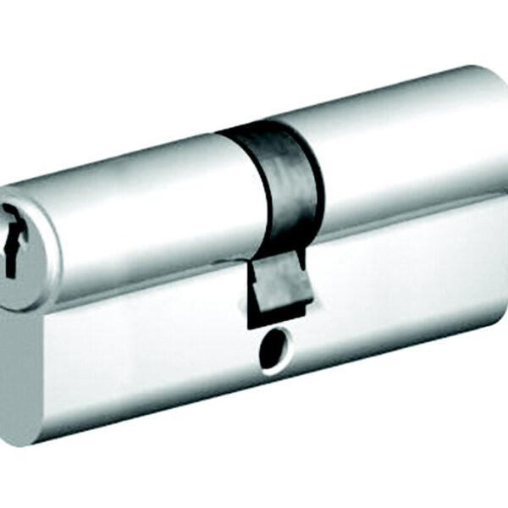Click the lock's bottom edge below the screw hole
pyautogui.click(x=279, y=385)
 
